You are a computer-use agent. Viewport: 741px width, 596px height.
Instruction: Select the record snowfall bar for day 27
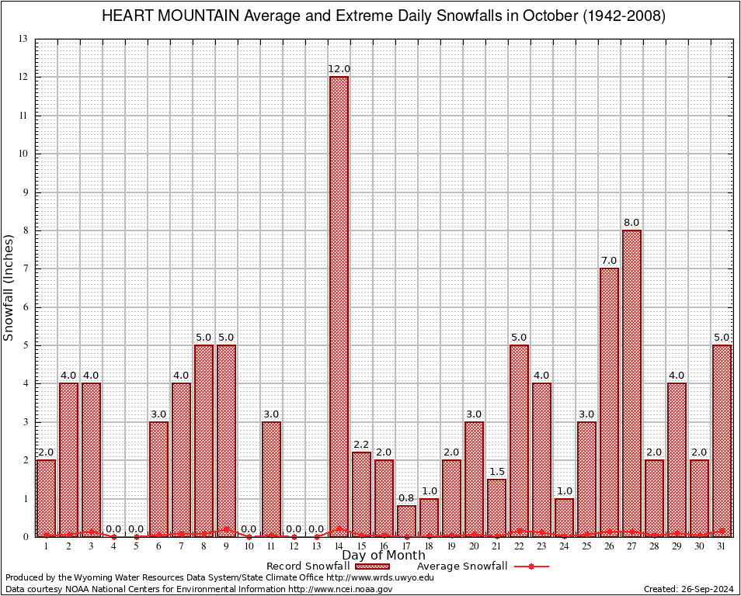coord(631,383)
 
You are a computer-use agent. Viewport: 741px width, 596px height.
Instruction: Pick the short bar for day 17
coord(406,521)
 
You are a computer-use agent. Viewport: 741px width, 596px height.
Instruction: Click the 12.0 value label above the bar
coord(339,69)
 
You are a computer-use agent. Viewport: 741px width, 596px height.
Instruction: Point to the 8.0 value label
coord(631,223)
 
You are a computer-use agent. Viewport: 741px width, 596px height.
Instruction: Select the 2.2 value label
coord(361,445)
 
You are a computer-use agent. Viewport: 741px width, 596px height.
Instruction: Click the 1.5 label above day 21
coord(496,472)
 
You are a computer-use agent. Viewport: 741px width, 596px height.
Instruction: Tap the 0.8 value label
coord(406,498)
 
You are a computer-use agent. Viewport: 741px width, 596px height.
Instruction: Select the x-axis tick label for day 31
coord(722,546)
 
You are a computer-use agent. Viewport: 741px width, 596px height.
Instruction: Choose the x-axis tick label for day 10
coord(249,546)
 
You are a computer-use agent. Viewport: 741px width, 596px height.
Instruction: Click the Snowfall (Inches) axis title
coord(9,287)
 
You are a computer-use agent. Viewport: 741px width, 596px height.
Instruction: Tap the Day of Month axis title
coord(384,555)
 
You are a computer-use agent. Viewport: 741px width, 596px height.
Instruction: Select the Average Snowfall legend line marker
coord(531,567)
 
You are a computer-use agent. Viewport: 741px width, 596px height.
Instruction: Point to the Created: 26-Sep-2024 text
coord(687,589)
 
